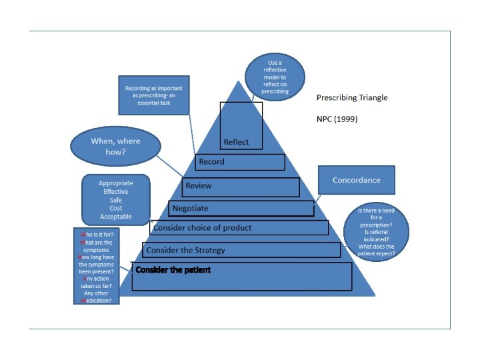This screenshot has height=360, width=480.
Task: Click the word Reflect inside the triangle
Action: (x=236, y=142)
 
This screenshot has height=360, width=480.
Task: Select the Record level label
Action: (x=210, y=161)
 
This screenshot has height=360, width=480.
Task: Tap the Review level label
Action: (x=198, y=185)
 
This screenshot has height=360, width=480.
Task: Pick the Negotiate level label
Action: (x=190, y=208)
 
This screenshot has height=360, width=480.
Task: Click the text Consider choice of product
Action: (x=202, y=227)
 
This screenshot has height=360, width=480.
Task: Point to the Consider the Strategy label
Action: (x=185, y=250)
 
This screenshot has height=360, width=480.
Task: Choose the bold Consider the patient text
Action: (x=173, y=270)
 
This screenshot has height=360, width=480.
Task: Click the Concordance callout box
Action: (x=356, y=180)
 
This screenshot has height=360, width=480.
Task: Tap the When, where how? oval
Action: (x=115, y=147)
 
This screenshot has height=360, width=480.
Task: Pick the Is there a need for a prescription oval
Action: (x=377, y=231)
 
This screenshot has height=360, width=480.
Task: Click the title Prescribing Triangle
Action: (x=351, y=97)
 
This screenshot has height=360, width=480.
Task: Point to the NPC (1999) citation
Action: (x=337, y=119)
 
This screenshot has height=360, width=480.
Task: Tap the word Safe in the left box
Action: (x=115, y=200)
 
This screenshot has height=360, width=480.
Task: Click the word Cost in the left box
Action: (x=115, y=208)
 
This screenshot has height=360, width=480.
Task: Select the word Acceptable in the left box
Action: (x=115, y=217)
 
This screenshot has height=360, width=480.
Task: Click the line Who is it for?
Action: (x=97, y=235)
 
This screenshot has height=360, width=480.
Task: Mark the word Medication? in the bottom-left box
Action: (x=97, y=300)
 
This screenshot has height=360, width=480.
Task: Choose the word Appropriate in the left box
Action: (x=115, y=183)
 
